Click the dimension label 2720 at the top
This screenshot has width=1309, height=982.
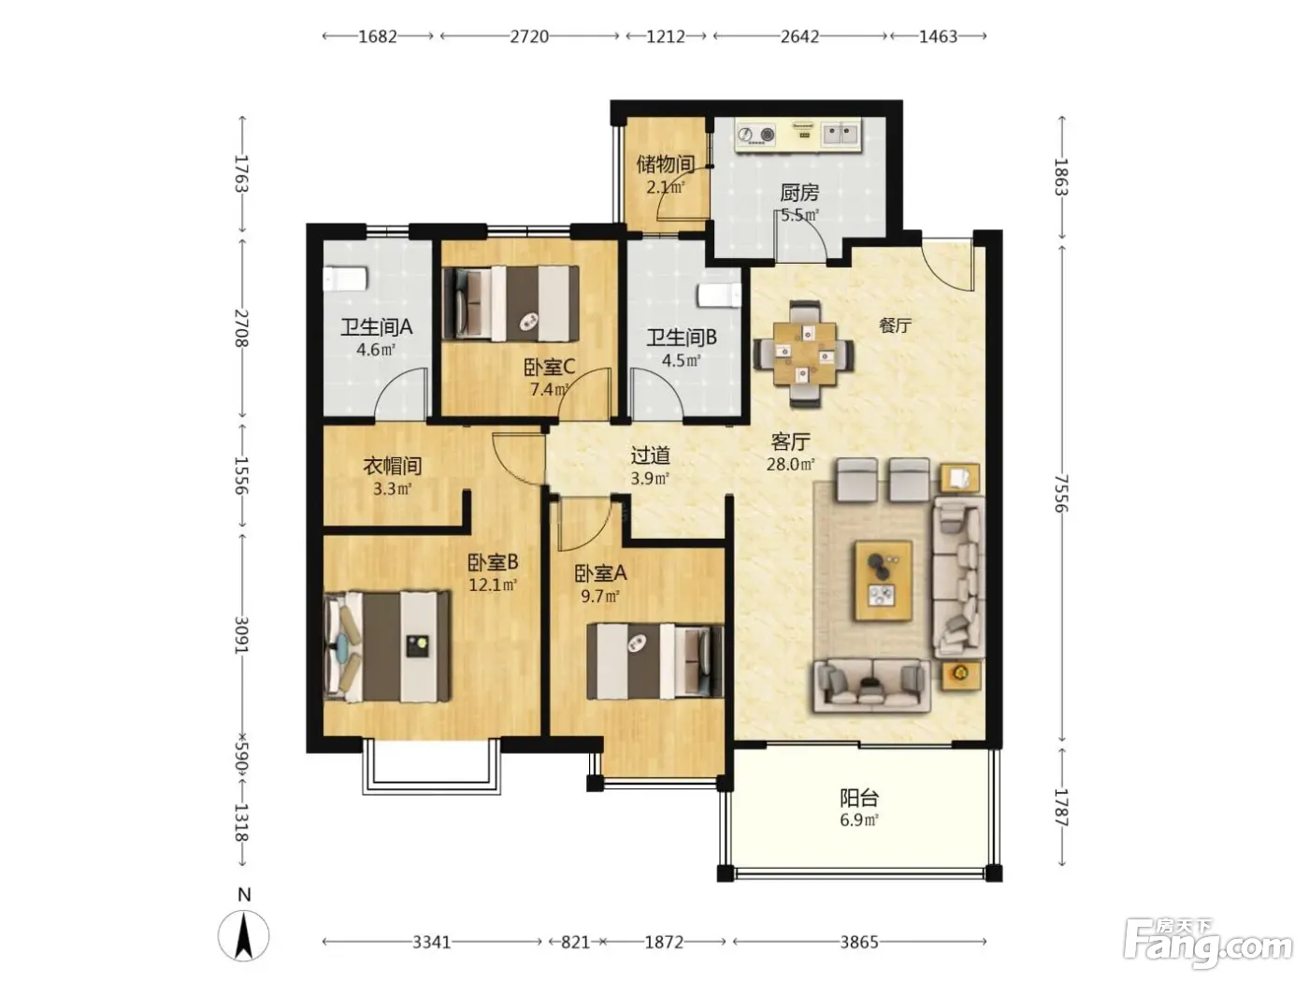(x=529, y=36)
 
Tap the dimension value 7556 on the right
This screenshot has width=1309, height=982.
(x=1060, y=493)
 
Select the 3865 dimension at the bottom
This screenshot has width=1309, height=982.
(x=859, y=942)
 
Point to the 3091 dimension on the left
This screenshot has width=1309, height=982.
(x=241, y=635)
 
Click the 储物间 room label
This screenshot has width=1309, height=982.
(x=666, y=164)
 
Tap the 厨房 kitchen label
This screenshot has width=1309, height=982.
(x=799, y=193)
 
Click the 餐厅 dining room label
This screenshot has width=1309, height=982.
(x=895, y=325)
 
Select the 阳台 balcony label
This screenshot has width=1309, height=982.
(x=858, y=798)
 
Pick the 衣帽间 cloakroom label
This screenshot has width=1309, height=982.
(x=392, y=466)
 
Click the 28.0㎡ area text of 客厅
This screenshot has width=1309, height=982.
(x=790, y=464)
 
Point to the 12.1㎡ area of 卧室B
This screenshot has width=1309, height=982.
(x=492, y=585)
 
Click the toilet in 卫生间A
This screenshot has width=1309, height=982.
(x=345, y=279)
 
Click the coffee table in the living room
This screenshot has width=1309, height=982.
(x=884, y=581)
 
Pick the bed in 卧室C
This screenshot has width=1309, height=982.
(x=511, y=303)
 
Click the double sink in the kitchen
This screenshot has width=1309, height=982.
(x=841, y=133)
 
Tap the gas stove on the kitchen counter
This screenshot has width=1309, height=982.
(x=756, y=135)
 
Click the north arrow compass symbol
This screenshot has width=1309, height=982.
(x=243, y=935)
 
